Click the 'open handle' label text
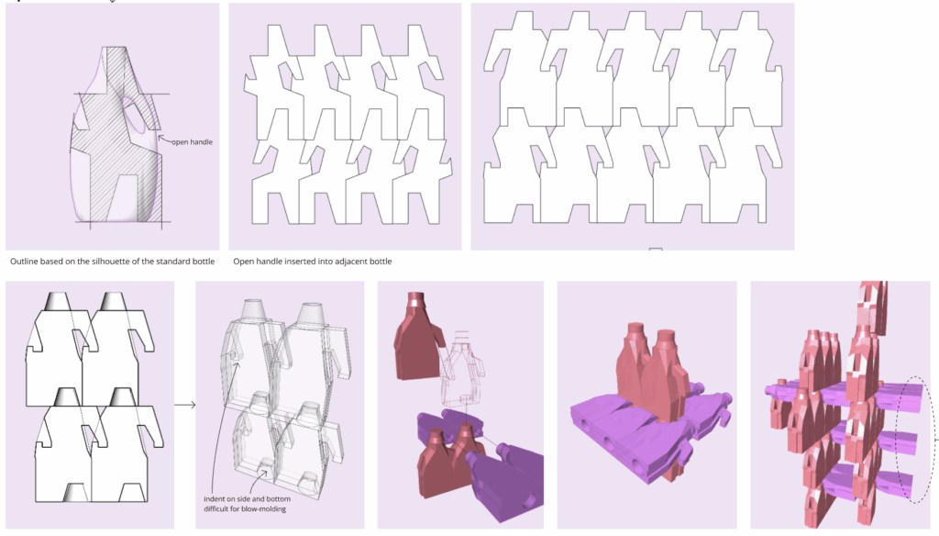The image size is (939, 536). click(x=192, y=142)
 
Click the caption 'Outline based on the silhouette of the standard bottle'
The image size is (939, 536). click(x=113, y=262)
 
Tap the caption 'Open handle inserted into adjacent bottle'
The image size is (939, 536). click(x=313, y=262)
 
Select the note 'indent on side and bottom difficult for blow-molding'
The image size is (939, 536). click(x=247, y=504)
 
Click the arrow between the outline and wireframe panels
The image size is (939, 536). click(x=185, y=405)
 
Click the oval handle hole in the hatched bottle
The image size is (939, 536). click(x=135, y=114)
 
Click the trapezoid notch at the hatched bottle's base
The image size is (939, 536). click(x=122, y=198)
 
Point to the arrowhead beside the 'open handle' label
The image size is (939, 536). click(x=160, y=139)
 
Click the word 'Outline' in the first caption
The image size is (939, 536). click(x=23, y=262)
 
